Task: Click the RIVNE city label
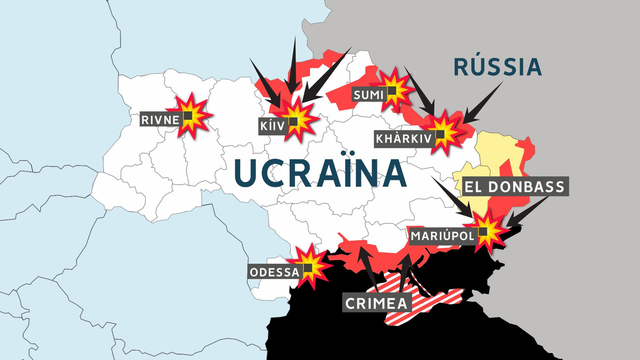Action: pyautogui.click(x=160, y=120)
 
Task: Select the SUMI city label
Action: pyautogui.click(x=368, y=95)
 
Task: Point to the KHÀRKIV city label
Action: pyautogui.click(x=404, y=139)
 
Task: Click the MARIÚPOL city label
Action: pyautogui.click(x=442, y=236)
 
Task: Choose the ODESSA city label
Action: pyautogui.click(x=274, y=272)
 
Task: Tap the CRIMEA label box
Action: pyautogui.click(x=376, y=303)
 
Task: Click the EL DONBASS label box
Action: pyautogui.click(x=514, y=187)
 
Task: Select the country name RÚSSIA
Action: pyautogui.click(x=498, y=67)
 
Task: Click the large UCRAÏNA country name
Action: pyautogui.click(x=320, y=173)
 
